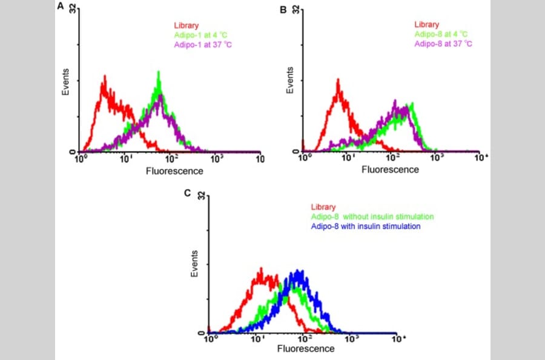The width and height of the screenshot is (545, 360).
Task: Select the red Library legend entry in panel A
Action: coord(186,25)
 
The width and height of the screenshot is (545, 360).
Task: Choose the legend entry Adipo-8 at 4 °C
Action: coord(441,35)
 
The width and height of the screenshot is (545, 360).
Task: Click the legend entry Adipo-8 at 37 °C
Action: coord(443,44)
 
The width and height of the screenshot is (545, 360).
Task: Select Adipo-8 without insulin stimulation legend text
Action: coord(372,216)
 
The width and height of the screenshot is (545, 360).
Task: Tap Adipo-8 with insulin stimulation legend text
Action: coord(366,226)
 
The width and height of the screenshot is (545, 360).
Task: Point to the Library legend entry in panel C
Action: coord(323,207)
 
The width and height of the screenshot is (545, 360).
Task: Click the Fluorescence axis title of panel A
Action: coord(174,171)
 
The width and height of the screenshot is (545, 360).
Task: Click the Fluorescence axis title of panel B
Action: coord(390,170)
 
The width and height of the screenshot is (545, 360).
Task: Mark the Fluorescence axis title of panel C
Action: coord(306,349)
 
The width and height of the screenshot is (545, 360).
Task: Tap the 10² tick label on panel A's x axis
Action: coord(171,159)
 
